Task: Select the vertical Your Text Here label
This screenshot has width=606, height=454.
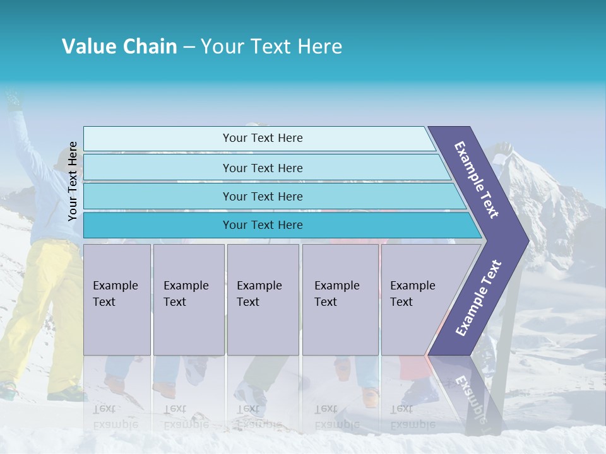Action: pos(73,181)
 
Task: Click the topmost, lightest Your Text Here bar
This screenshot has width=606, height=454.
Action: pos(262,138)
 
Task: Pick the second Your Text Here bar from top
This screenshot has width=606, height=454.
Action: pos(262,168)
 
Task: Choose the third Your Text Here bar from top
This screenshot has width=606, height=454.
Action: pos(262,196)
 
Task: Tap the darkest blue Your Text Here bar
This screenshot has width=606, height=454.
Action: pos(262,225)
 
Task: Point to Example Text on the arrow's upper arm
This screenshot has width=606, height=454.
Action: pos(477,180)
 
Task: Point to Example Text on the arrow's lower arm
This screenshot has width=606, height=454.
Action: pos(478,298)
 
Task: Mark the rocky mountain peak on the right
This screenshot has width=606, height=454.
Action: pos(543,189)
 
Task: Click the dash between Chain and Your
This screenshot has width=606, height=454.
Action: pos(189,47)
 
